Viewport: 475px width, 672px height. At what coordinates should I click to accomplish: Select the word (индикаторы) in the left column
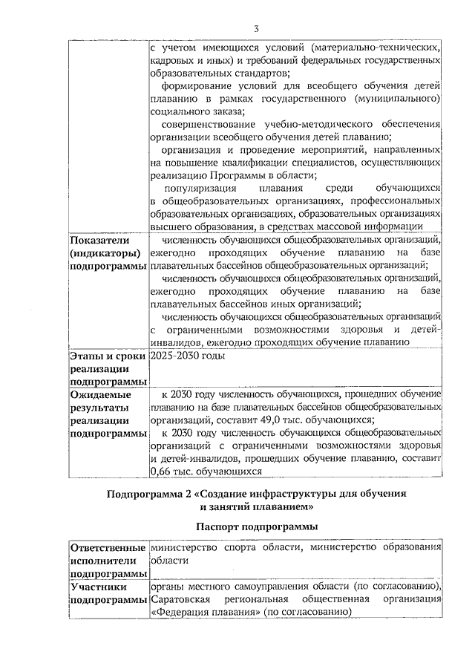(103, 252)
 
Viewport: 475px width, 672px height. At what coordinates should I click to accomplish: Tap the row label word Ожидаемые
(101, 394)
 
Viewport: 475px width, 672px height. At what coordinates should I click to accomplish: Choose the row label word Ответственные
(108, 548)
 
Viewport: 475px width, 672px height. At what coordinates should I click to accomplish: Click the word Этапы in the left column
(88, 356)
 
